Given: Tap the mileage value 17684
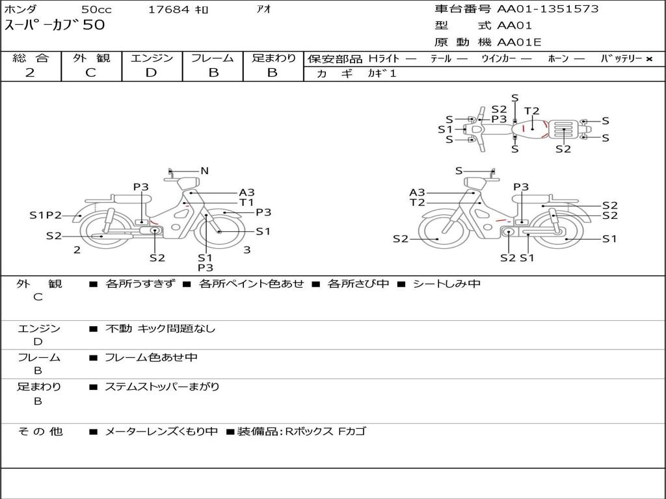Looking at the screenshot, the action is pos(168,10).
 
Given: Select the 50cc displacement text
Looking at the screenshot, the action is pos(96,10).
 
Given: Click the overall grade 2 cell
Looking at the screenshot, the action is pos(31,73).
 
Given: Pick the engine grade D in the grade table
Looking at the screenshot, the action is pos(151,73).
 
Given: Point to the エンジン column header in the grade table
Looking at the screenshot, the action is pos(152,58).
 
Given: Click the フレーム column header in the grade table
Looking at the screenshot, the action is pos(213,58).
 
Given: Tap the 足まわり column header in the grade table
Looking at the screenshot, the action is pos(274,58).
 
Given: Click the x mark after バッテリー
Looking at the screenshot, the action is pos(648,59).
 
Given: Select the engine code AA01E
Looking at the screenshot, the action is pos(519,43).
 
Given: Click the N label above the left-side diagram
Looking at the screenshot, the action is pos(204,171).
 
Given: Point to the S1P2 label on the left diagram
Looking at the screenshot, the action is pos(46,215).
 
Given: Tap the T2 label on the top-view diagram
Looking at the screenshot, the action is pos(532,111).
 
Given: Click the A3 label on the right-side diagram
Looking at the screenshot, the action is pos(417,192).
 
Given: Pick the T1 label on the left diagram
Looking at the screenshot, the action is pos(246,202).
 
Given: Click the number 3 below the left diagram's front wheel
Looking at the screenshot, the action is pos(247,249).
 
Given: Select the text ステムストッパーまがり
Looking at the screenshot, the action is pos(162,387).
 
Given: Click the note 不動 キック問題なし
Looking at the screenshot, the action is pos(160,329).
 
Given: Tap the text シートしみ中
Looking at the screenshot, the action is pos(447,284).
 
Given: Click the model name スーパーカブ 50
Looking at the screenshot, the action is pos(55,25).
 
